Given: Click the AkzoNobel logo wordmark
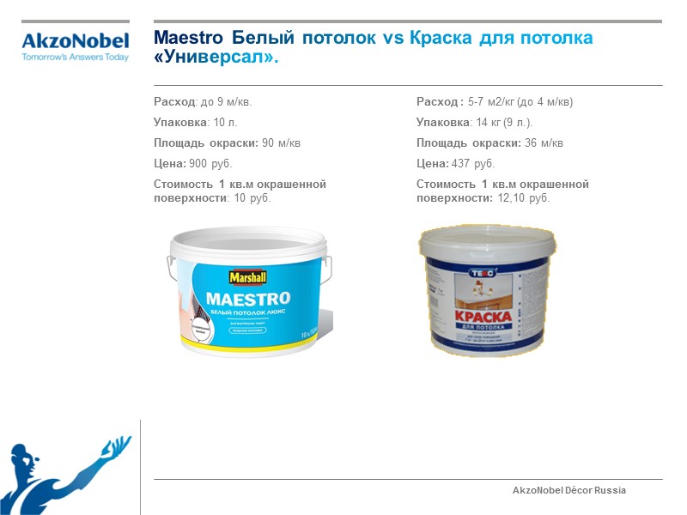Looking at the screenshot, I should (x=75, y=40).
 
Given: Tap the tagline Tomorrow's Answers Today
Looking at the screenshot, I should (x=75, y=58).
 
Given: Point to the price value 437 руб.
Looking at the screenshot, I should (x=473, y=164).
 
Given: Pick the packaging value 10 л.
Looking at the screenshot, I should (x=225, y=123).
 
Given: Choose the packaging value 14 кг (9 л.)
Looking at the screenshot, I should (x=504, y=123).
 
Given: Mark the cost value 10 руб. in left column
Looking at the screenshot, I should (x=252, y=198).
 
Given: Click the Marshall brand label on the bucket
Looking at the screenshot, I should (x=247, y=276).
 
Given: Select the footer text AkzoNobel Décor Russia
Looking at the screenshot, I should (x=568, y=490).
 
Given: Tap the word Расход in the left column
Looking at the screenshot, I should (x=174, y=102).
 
